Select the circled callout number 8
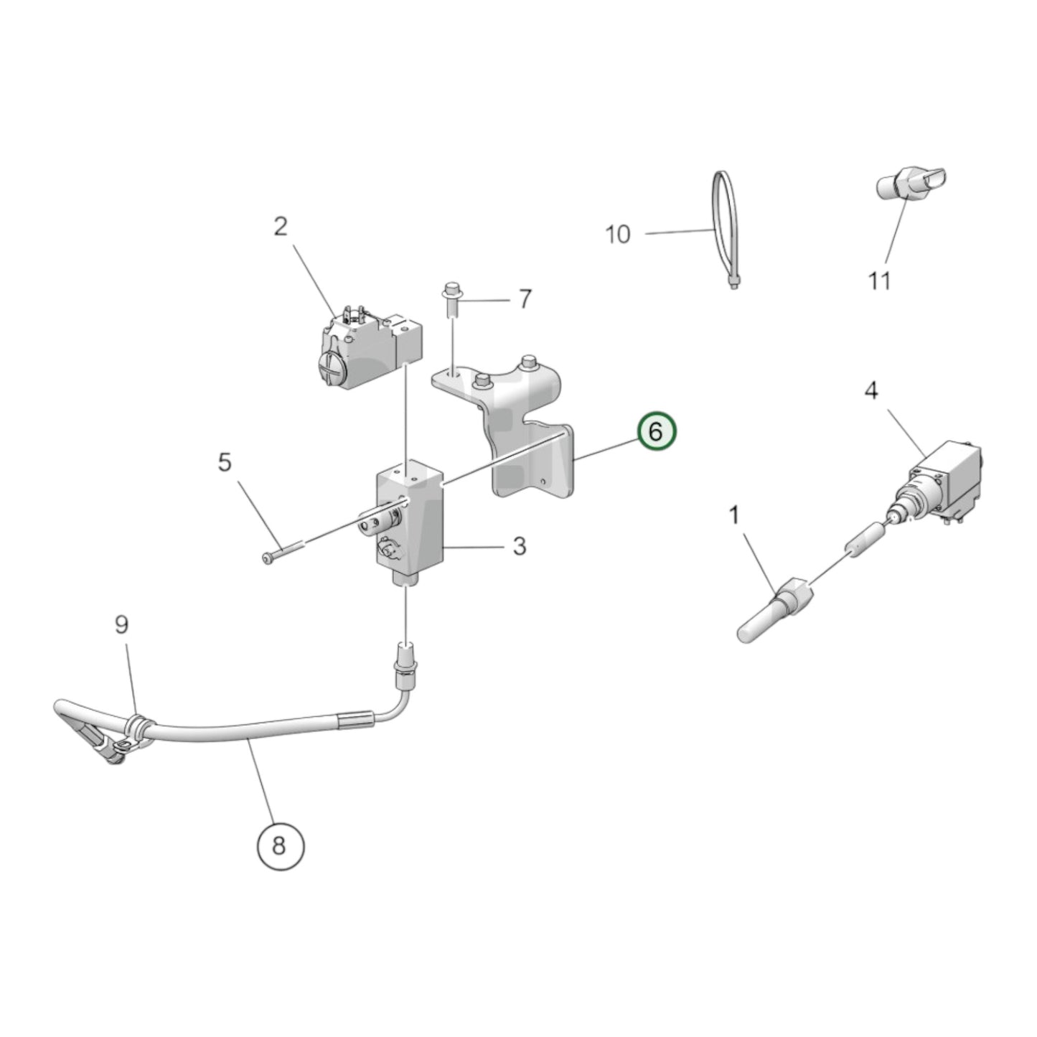[x=280, y=845]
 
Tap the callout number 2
[x=281, y=227]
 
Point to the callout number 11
[x=880, y=281]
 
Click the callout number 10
[x=618, y=234]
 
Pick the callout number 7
[x=525, y=299]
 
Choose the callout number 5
[x=225, y=463]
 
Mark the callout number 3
[x=520, y=546]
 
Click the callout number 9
[x=122, y=624]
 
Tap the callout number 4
[x=871, y=391]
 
